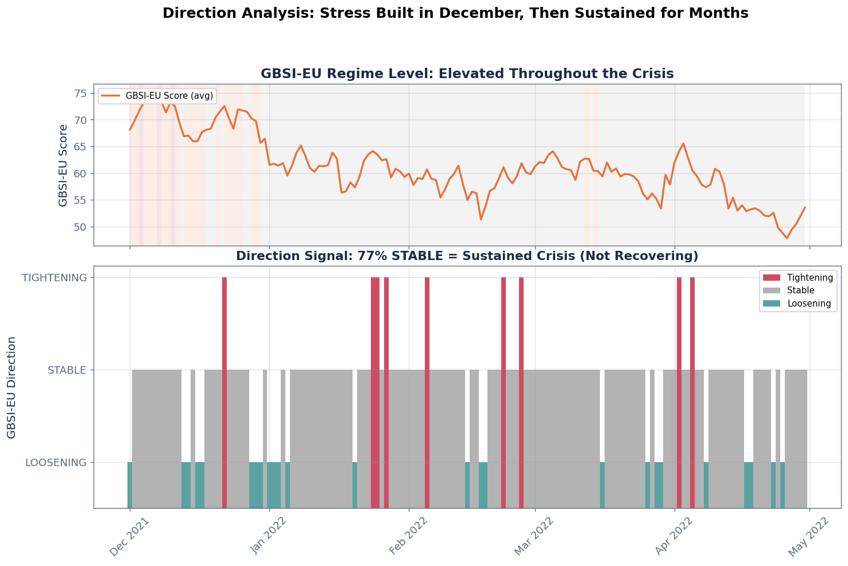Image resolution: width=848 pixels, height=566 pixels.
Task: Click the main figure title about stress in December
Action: pyautogui.click(x=455, y=13)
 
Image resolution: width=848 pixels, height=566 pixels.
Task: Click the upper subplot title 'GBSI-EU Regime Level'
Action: pyautogui.click(x=467, y=73)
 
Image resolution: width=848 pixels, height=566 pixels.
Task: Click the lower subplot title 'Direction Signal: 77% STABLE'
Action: pyautogui.click(x=467, y=256)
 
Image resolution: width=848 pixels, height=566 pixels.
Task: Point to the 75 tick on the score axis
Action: pyautogui.click(x=80, y=94)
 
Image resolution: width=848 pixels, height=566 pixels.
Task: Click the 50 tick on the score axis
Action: pyautogui.click(x=80, y=227)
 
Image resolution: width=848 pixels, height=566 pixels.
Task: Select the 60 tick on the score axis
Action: pyautogui.click(x=80, y=174)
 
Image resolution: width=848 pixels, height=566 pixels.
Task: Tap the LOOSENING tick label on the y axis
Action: pyautogui.click(x=56, y=463)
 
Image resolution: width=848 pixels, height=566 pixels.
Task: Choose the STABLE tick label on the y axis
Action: pyautogui.click(x=67, y=370)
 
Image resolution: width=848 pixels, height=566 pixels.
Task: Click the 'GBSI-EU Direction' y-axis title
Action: pyautogui.click(x=11, y=387)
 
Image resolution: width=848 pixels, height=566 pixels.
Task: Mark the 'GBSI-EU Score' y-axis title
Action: pyautogui.click(x=63, y=165)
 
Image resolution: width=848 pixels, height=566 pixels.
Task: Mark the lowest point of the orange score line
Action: pyautogui.click(x=787, y=238)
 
